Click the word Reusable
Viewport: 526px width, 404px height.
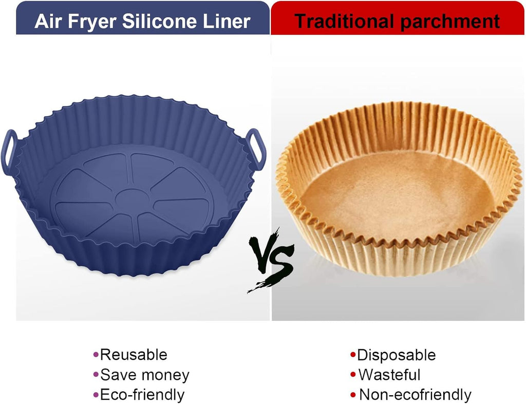click(x=134, y=355)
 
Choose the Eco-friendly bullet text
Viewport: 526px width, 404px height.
click(x=142, y=395)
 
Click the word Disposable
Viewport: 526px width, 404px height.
click(x=396, y=355)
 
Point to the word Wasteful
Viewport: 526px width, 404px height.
click(x=389, y=375)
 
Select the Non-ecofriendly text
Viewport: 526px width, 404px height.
click(x=415, y=395)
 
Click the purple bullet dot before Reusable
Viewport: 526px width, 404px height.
click(x=96, y=354)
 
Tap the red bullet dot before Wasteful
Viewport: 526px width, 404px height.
click(x=353, y=374)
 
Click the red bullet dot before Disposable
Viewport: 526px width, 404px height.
click(x=353, y=354)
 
